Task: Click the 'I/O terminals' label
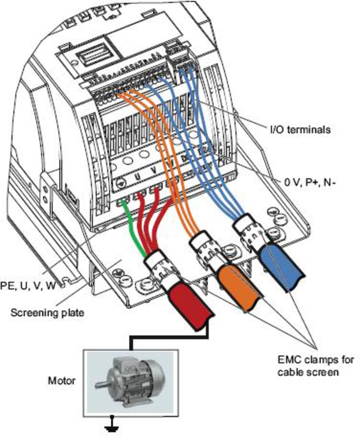[301, 130]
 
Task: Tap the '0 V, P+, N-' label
[310, 183]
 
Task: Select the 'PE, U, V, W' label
[28, 286]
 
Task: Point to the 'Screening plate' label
[48, 313]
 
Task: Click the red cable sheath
[191, 307]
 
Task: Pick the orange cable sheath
[241, 288]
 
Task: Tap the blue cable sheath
[282, 268]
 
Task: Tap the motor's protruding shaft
[102, 384]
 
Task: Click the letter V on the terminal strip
[154, 170]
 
